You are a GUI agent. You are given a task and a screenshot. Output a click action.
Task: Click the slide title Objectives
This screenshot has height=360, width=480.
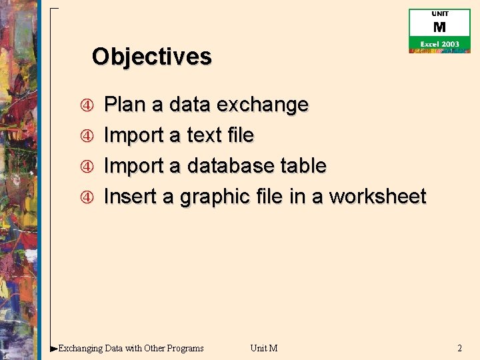pos(151,57)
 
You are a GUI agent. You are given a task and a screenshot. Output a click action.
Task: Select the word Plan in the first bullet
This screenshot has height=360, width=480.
pos(126,105)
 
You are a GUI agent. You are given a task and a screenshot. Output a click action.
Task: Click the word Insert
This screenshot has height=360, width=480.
pos(129,197)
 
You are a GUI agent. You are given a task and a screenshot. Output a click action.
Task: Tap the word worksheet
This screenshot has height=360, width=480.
pos(377,197)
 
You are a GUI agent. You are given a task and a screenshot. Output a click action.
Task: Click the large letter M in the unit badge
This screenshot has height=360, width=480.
pos(439,27)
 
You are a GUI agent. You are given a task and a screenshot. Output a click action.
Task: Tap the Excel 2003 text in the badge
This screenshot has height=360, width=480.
pos(439,44)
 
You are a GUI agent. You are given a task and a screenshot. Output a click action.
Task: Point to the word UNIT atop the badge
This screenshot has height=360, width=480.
pos(439,14)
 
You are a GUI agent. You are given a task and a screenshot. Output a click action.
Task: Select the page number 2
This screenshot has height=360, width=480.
pos(459,348)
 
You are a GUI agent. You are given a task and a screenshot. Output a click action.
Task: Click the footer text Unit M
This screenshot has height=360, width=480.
pos(263,348)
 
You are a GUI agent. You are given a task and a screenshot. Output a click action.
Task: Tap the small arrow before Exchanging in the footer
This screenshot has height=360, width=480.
pos(54,348)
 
